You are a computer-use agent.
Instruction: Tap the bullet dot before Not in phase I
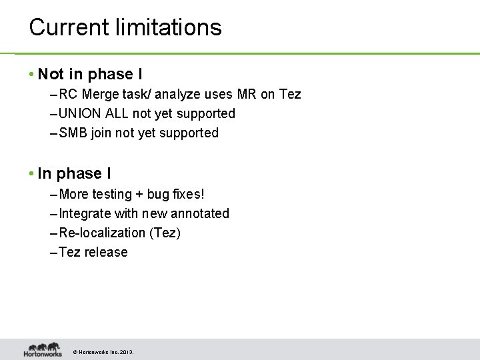[32, 73]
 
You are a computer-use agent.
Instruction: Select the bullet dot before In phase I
[32, 174]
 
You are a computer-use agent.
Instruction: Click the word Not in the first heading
[51, 73]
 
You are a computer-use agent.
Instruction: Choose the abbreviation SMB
[73, 133]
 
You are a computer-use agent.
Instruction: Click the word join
[101, 133]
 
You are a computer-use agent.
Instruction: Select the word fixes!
[188, 195]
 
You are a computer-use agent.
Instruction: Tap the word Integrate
[85, 214]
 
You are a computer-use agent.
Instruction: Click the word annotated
[201, 214]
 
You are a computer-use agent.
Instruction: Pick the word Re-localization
[101, 233]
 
